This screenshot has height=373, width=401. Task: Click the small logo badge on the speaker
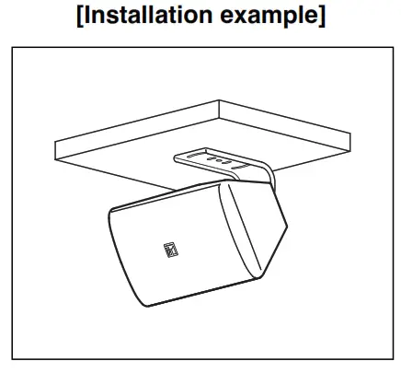click(166, 246)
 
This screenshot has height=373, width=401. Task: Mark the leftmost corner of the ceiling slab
click(57, 141)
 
